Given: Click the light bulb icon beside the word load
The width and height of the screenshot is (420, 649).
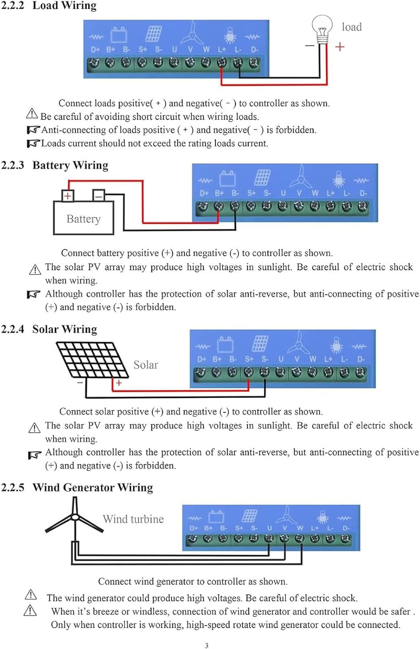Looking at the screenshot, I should [322, 28].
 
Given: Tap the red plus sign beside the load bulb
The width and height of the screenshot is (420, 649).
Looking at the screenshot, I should [340, 46].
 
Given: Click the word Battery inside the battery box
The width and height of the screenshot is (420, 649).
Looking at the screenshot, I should [83, 219].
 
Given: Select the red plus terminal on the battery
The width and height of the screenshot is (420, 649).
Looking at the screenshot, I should [68, 196].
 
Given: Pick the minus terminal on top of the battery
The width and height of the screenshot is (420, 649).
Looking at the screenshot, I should [99, 196].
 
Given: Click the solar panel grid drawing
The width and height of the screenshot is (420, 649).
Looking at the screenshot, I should [87, 359].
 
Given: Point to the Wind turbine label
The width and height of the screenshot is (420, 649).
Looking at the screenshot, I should [133, 519].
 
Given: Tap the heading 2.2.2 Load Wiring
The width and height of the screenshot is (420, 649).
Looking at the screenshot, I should [48, 6].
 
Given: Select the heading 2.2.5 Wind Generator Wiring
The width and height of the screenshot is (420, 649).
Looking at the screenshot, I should [77, 488].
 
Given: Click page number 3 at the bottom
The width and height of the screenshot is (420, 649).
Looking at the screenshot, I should [207, 646].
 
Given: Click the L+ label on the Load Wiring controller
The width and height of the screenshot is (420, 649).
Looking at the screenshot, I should [222, 50].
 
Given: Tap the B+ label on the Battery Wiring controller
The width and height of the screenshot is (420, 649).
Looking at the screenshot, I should [219, 193].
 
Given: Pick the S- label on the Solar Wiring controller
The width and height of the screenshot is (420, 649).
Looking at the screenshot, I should [265, 359].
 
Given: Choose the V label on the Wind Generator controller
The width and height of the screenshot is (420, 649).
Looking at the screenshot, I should [284, 528].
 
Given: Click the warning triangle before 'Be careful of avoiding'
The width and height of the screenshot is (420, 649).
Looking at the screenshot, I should [32, 114].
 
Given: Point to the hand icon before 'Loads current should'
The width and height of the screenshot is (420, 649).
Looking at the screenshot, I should [33, 143].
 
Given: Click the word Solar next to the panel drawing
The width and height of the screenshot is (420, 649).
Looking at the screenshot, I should [145, 365].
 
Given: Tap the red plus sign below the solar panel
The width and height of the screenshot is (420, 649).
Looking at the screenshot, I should [119, 382].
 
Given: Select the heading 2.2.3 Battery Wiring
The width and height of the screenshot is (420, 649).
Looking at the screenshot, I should [55, 165].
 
